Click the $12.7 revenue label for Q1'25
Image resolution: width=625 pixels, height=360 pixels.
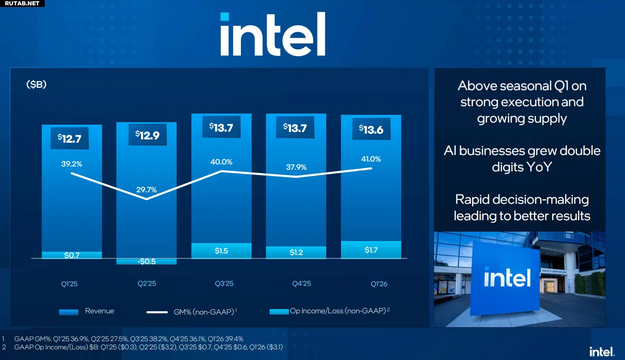70,139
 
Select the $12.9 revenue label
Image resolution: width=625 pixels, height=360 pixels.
148,135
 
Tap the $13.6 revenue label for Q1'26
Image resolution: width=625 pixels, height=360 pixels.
371,130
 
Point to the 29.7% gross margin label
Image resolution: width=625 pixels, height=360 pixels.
146,190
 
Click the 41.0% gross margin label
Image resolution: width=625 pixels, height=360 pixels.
371,159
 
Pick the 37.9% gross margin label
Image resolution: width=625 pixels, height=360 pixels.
296,167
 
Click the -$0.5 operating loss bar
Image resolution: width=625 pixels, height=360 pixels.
146,262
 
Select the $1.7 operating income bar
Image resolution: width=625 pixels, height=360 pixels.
371,250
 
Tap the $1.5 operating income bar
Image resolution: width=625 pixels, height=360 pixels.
221,251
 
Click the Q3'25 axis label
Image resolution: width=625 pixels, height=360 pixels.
224,284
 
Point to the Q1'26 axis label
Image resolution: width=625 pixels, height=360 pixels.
379,284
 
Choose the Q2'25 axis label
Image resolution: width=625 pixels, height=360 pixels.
147,284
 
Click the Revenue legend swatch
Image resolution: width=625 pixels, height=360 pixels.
68,312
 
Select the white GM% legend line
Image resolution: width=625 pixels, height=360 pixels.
157,312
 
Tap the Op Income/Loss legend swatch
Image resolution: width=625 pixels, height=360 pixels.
279,312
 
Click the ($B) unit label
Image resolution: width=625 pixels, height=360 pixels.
36,84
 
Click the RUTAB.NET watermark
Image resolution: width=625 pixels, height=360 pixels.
22,3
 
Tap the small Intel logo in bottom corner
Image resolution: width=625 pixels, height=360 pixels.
602,352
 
